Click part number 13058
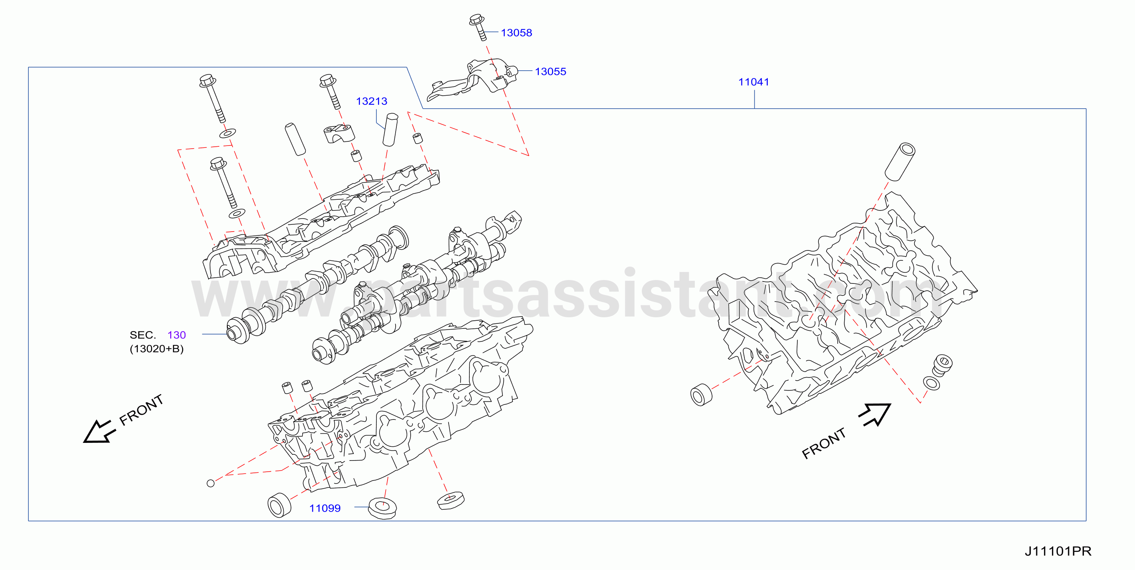(x=516, y=33)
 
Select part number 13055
(x=550, y=71)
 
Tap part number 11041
(x=754, y=82)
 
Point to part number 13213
(x=371, y=101)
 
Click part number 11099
(x=325, y=508)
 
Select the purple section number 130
(x=177, y=335)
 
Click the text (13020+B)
(x=156, y=349)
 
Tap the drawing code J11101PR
(x=1058, y=551)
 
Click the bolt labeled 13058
(x=479, y=27)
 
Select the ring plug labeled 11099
(x=382, y=509)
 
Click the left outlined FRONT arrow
(x=99, y=431)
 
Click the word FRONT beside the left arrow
(x=141, y=410)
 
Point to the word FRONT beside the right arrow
(x=823, y=443)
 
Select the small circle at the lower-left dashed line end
(x=210, y=483)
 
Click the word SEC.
(x=143, y=335)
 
